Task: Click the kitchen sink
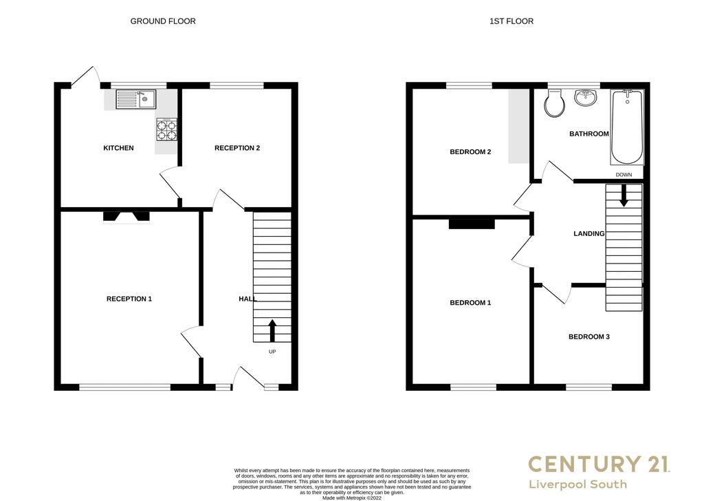click(135, 99)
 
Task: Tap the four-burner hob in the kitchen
click(166, 130)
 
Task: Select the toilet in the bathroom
click(554, 103)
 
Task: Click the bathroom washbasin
click(586, 98)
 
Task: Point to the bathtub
click(627, 127)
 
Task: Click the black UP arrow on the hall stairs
click(272, 331)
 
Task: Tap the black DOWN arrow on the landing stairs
click(624, 195)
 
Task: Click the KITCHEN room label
click(118, 148)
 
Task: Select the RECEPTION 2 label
click(237, 148)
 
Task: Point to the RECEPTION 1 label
click(129, 299)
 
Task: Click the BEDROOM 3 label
click(589, 337)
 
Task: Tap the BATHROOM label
click(589, 134)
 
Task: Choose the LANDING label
click(589, 234)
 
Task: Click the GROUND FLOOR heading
click(163, 21)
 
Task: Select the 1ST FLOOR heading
click(511, 21)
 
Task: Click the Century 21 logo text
click(599, 464)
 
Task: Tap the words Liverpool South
click(577, 484)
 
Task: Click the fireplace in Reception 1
click(126, 217)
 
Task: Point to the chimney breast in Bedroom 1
click(472, 224)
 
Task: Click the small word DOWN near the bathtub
click(624, 175)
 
